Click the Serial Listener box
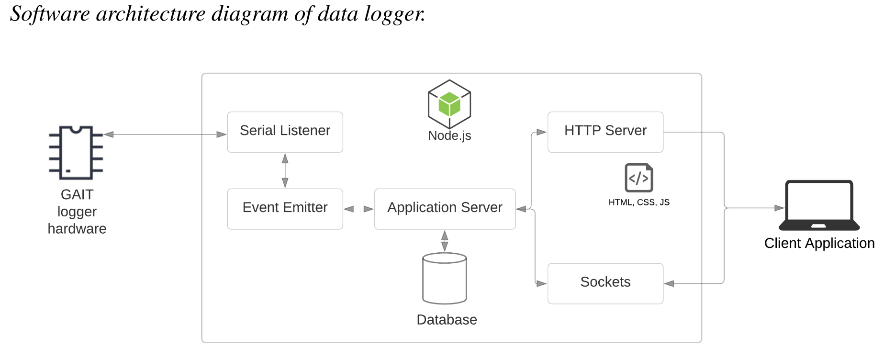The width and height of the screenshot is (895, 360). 285,132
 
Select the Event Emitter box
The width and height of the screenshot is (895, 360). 285,209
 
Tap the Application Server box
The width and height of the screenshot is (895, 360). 445,209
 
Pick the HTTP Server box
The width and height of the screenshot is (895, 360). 605,132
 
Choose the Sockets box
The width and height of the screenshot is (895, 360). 605,283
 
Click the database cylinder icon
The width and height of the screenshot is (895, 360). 445,279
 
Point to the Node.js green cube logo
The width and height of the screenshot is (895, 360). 449,104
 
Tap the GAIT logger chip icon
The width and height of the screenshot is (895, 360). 76,153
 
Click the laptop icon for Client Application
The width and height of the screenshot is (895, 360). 819,205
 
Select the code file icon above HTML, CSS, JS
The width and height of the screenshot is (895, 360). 639,178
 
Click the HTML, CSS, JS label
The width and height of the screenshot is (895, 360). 639,202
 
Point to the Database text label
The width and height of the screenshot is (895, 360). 447,320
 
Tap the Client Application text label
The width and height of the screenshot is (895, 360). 819,244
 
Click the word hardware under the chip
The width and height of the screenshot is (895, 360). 77,229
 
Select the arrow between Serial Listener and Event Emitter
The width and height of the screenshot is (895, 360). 285,171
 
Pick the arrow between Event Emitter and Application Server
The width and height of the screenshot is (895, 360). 358,209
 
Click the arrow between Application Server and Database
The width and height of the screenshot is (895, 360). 445,241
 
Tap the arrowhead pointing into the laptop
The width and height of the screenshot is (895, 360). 779,208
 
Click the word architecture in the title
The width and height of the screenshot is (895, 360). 151,14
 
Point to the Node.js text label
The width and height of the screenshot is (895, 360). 449,136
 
